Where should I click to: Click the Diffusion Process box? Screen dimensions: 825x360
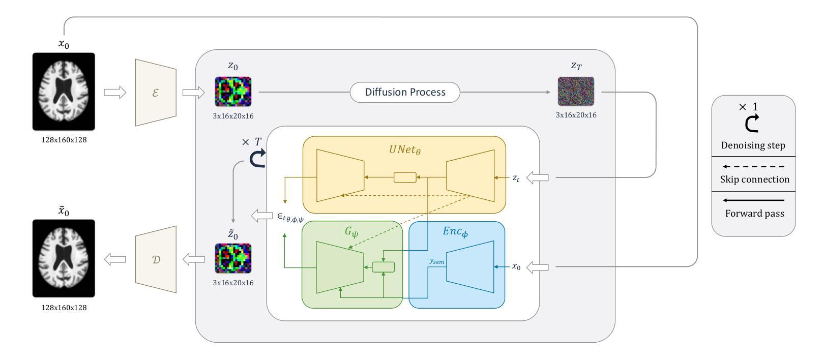[405, 92]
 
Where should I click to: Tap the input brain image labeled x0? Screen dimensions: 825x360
[64, 92]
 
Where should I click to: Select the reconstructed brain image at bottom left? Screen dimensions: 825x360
[64, 258]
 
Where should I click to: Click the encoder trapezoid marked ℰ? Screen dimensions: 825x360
[156, 93]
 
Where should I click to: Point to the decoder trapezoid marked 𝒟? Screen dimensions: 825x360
[156, 259]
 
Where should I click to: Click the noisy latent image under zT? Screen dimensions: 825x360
[576, 92]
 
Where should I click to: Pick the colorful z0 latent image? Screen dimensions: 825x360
[233, 92]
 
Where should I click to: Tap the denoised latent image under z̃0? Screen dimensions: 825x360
[233, 258]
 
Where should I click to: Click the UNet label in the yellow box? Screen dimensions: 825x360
[405, 149]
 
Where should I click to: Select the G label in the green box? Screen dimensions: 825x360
[351, 232]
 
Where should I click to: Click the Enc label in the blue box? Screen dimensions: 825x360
[455, 231]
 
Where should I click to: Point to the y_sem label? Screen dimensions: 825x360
[437, 261]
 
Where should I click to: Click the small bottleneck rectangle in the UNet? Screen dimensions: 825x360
[405, 177]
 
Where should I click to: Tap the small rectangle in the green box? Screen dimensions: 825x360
[384, 267]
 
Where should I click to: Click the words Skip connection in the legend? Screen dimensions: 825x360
[755, 179]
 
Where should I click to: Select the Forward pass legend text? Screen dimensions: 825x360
[755, 214]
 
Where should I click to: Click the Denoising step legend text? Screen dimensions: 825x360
[753, 145]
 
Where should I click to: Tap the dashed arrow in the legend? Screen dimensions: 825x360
[754, 166]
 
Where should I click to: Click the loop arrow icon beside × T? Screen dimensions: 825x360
[257, 158]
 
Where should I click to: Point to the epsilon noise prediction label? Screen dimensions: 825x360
[290, 218]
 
